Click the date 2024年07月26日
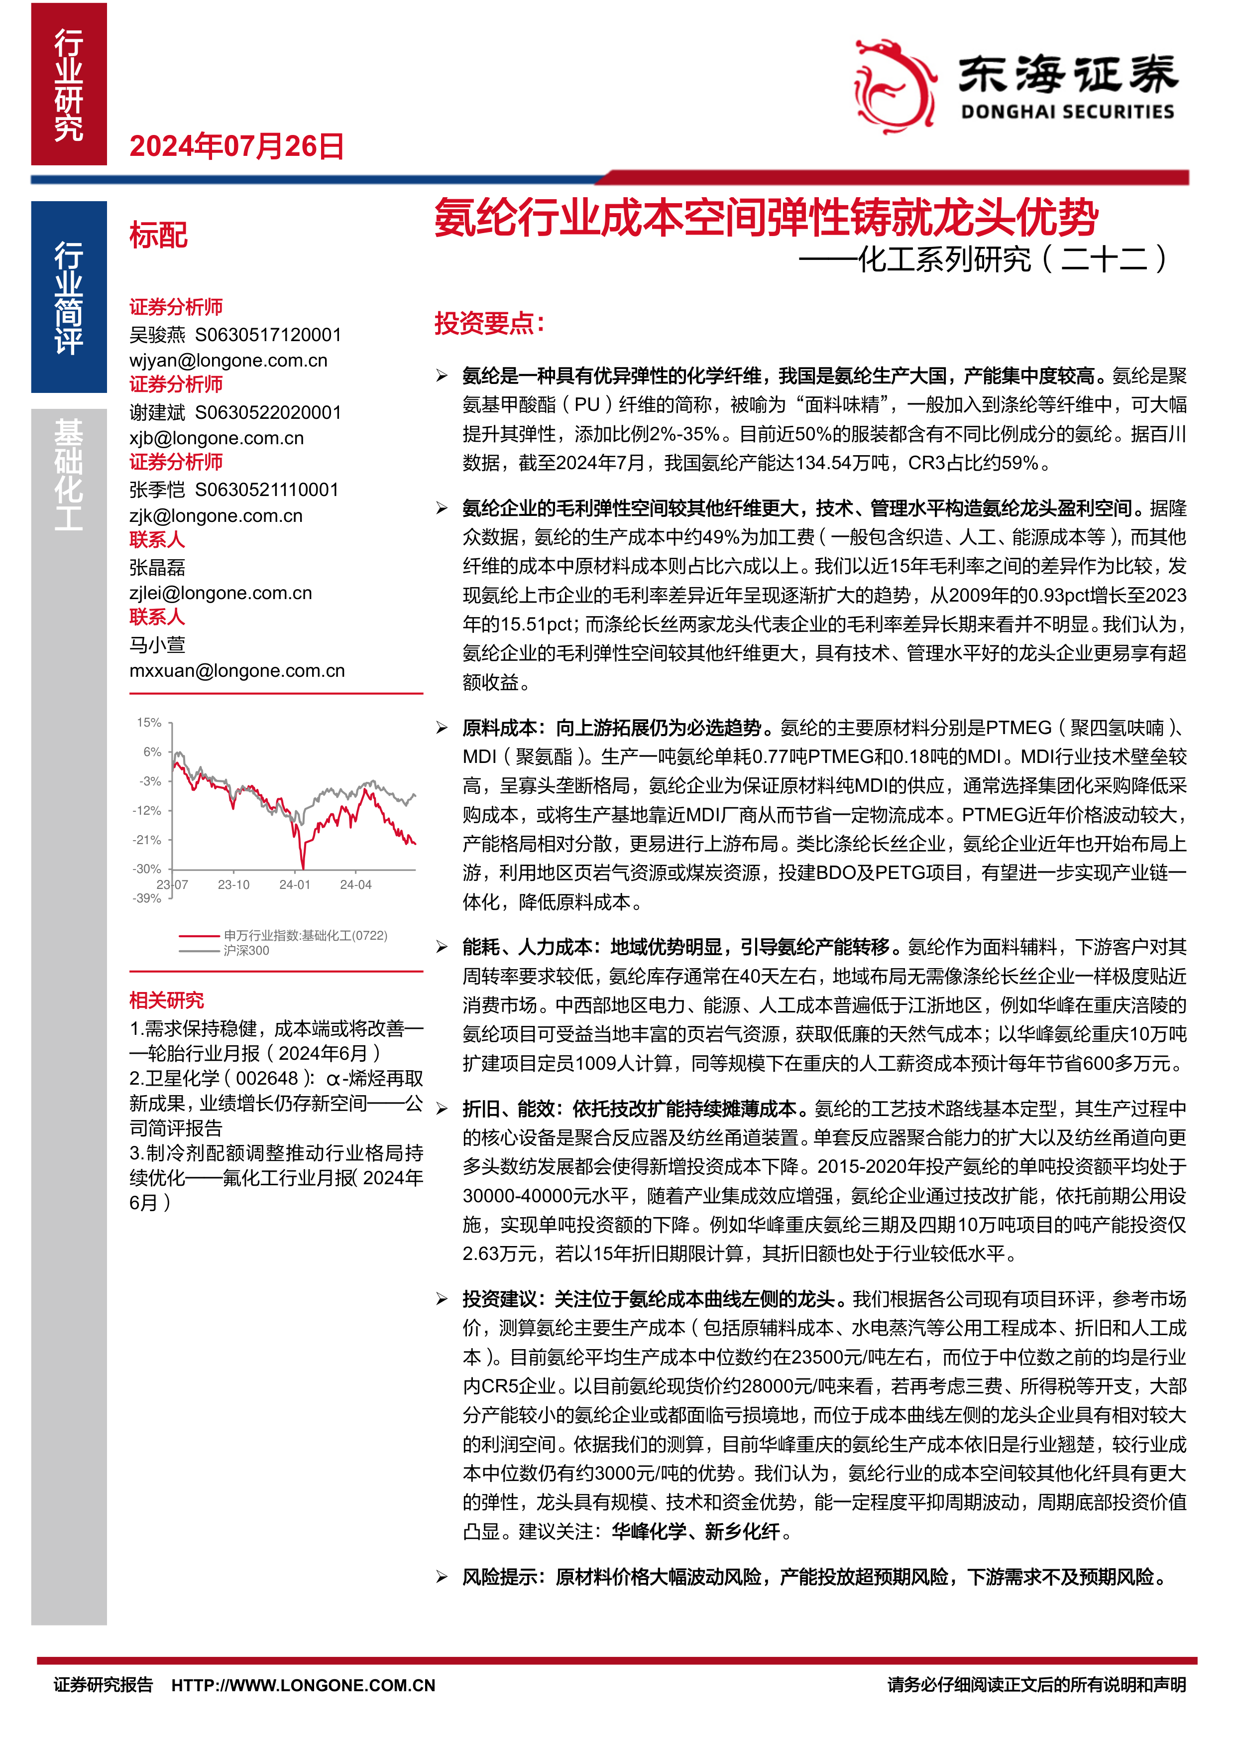point(236,146)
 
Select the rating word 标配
point(158,235)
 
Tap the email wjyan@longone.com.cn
point(228,361)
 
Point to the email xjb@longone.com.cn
point(216,438)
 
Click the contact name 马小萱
point(157,644)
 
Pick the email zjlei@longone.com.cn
point(221,593)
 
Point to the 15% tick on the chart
point(149,722)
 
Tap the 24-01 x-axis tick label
point(294,884)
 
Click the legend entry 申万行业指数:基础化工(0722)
point(305,935)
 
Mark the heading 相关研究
point(167,1000)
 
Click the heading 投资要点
point(488,323)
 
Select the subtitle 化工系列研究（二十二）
point(1012,258)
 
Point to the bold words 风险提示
point(500,1577)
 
